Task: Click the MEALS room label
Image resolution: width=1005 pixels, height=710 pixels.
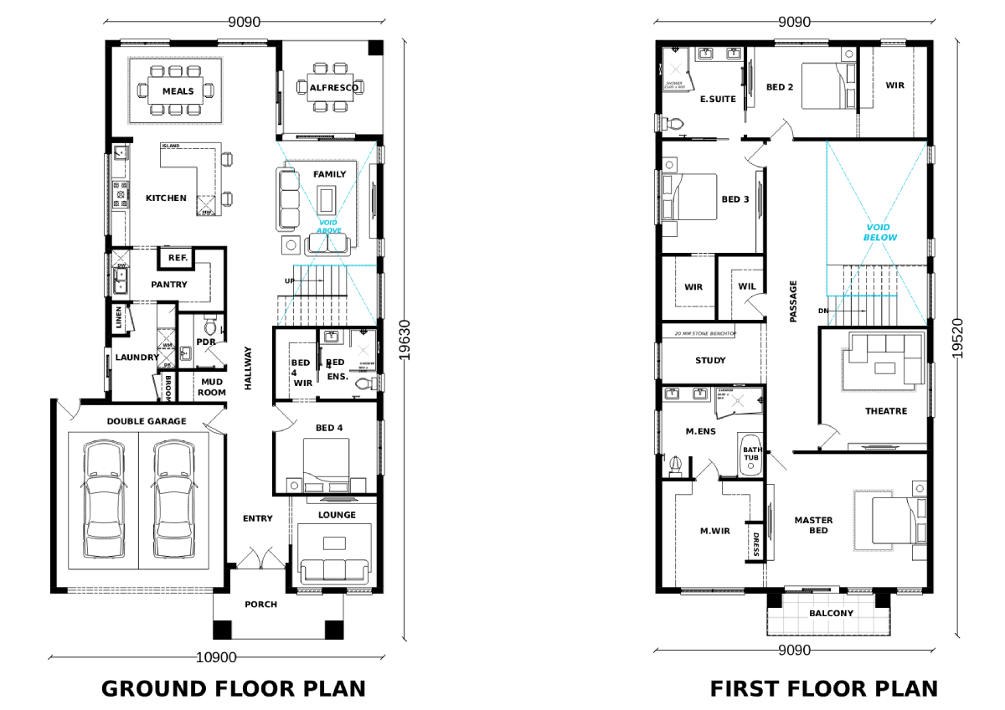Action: tap(178, 91)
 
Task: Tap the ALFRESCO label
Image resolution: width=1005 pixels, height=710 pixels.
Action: tap(333, 88)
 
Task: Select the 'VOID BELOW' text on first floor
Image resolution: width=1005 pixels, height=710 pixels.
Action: tap(880, 233)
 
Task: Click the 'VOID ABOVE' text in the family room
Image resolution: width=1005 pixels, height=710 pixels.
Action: tap(329, 226)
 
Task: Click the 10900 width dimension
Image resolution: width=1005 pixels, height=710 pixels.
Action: tap(216, 658)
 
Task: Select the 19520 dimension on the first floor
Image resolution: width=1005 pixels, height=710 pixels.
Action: tap(957, 338)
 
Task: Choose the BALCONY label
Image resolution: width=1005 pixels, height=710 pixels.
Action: tap(831, 614)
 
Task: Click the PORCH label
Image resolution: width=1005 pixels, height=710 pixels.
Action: tap(260, 605)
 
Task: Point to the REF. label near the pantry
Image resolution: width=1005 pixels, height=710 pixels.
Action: tap(178, 259)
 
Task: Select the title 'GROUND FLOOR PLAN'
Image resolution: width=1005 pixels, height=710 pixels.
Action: tap(234, 689)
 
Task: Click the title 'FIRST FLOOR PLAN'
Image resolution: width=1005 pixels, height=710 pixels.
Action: tap(824, 689)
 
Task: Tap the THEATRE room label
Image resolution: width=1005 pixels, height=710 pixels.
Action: tap(886, 411)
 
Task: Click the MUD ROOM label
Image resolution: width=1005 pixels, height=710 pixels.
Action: tap(211, 387)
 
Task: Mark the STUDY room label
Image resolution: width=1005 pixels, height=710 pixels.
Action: tap(710, 361)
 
